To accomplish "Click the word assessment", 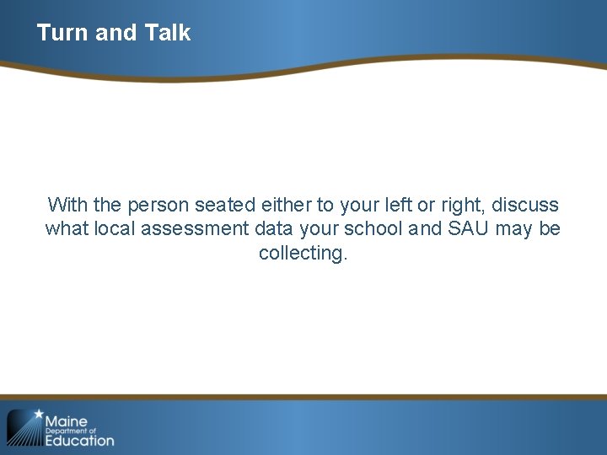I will coord(191,228).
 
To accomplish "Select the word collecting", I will coord(303,253).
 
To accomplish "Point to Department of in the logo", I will coord(72,431).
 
